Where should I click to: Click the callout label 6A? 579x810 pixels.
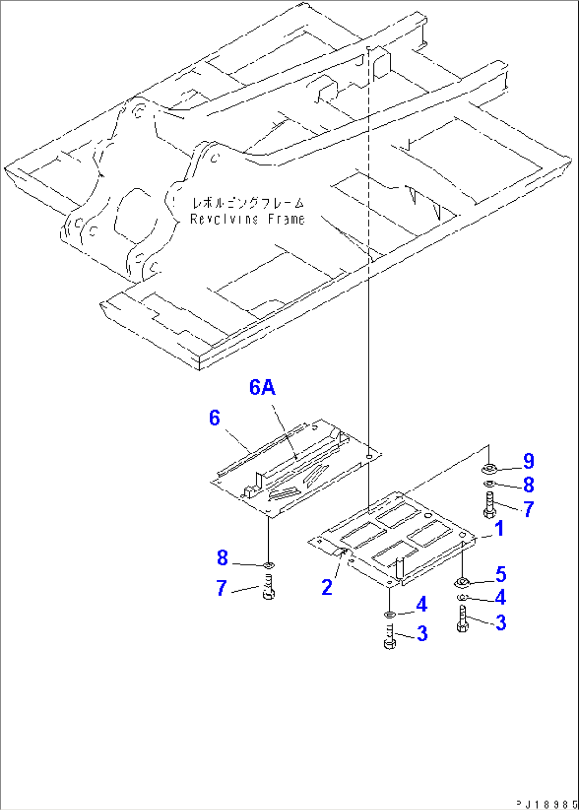[262, 388]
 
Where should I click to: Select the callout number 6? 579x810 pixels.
[214, 418]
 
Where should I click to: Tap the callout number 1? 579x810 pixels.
[499, 528]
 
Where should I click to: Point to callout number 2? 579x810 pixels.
[327, 587]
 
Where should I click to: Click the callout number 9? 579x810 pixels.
[528, 461]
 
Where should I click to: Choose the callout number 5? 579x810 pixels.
[501, 574]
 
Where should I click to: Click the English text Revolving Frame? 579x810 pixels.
[248, 219]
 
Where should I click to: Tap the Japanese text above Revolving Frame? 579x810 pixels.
[248, 203]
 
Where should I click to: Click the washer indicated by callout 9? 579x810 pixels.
[489, 468]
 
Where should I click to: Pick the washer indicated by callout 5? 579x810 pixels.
[462, 583]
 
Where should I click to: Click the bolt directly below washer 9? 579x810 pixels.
[489, 505]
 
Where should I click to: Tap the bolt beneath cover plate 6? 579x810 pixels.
[268, 588]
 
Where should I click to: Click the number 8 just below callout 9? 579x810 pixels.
[528, 485]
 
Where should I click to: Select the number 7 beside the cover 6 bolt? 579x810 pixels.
[222, 588]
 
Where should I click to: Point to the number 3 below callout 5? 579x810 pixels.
[501, 623]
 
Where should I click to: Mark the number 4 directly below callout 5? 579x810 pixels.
[500, 598]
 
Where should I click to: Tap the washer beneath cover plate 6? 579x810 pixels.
[268, 564]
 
